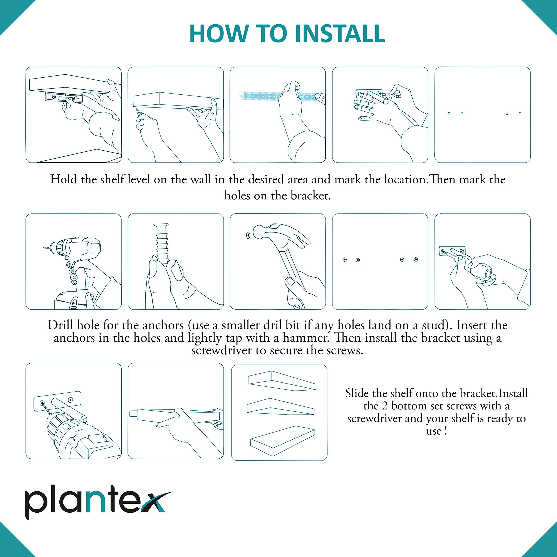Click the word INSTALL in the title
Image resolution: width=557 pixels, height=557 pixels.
point(340,34)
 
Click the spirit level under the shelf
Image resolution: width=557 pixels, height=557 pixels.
point(64,97)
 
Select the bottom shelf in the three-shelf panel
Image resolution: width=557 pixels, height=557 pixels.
point(283,441)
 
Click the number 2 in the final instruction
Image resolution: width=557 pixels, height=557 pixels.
point(385,406)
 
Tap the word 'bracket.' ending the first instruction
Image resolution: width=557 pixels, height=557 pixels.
point(310,196)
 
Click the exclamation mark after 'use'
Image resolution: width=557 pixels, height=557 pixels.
point(446,431)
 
